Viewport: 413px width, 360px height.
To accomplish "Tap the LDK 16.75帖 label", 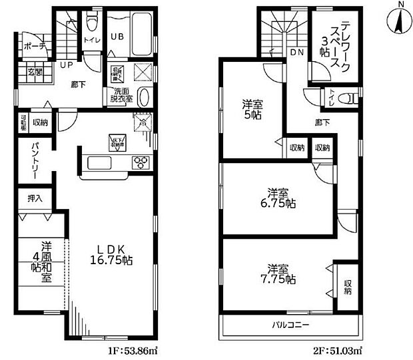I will [112, 253].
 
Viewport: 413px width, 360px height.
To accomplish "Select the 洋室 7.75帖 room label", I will [278, 273].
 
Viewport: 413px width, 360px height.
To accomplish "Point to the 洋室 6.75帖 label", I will [278, 198].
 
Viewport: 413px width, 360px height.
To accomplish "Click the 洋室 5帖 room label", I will [251, 109].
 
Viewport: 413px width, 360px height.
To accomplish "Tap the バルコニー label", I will [289, 325].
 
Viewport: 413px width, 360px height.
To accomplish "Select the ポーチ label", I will [34, 47].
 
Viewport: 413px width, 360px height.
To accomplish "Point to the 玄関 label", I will [35, 72].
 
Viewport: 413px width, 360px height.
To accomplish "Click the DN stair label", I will [297, 52].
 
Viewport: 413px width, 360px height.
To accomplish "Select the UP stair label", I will [67, 65].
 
